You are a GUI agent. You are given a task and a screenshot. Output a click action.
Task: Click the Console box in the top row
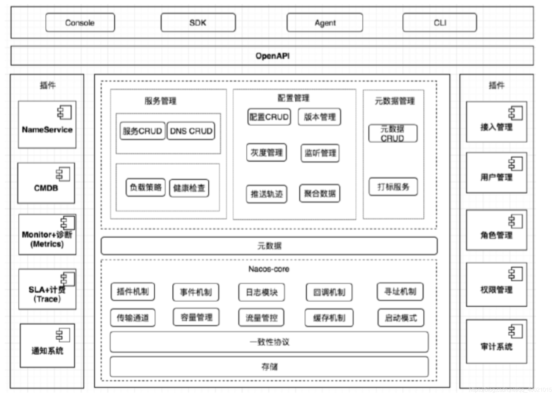pyautogui.click(x=80, y=23)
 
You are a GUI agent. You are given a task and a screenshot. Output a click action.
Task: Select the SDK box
pyautogui.click(x=198, y=23)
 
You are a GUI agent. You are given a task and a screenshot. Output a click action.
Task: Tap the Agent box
pyautogui.click(x=325, y=23)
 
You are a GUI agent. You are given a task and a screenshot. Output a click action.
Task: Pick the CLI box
pyautogui.click(x=440, y=23)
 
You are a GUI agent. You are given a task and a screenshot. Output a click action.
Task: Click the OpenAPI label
pyautogui.click(x=272, y=56)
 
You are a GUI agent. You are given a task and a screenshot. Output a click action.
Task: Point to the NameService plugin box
pyautogui.click(x=47, y=125)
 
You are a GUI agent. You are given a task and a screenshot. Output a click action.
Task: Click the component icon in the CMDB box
pyautogui.click(x=63, y=174)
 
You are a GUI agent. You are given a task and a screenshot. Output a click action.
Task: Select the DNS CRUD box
pyautogui.click(x=191, y=131)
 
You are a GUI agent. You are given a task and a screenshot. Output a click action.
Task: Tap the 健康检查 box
pyautogui.click(x=189, y=188)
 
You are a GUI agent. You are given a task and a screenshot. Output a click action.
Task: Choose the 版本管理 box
pyautogui.click(x=320, y=117)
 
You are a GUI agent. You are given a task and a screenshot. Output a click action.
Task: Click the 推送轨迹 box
pyautogui.click(x=266, y=194)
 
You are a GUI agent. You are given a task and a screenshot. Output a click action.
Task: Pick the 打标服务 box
pyautogui.click(x=393, y=187)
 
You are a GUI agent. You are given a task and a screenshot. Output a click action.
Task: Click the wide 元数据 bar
pyautogui.click(x=269, y=246)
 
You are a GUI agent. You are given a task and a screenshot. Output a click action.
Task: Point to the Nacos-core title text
pyautogui.click(x=269, y=269)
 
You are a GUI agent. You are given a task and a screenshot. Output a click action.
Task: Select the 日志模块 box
pyautogui.click(x=261, y=292)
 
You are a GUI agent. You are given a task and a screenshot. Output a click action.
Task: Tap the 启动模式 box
pyautogui.click(x=401, y=318)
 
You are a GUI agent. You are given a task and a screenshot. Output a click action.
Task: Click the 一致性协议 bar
pyautogui.click(x=269, y=342)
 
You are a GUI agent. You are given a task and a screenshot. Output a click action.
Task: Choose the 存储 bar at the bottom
pyautogui.click(x=269, y=367)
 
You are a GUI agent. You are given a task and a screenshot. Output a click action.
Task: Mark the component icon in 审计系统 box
pyautogui.click(x=515, y=331)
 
